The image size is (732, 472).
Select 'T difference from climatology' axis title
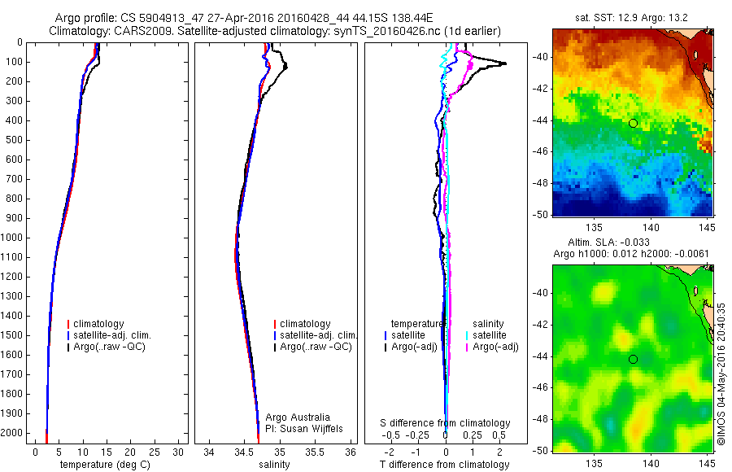[x=444, y=465]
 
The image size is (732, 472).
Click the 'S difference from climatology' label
[x=446, y=423]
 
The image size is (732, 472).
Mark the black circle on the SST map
[x=633, y=123]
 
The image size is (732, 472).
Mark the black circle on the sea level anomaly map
[x=633, y=359]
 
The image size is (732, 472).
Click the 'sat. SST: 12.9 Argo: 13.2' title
[x=632, y=18]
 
